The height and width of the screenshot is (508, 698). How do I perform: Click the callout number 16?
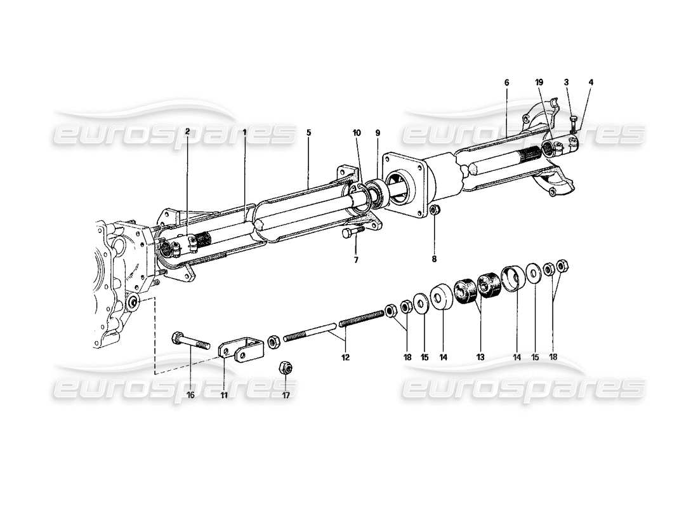pos(190,395)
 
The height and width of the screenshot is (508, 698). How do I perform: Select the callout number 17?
pos(286,395)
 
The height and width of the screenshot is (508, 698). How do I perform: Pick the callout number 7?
pos(356,259)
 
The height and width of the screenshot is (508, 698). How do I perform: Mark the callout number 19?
pos(539,83)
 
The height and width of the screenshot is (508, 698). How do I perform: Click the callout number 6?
pos(506,83)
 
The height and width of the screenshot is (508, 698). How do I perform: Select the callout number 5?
pos(308,133)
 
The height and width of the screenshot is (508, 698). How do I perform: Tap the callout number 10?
pos(357,133)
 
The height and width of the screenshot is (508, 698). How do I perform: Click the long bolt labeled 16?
pos(190,340)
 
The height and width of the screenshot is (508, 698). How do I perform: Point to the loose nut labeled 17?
pos(286,368)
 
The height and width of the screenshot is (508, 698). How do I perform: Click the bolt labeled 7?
pos(350,233)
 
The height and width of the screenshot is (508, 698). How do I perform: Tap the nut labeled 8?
pos(433,210)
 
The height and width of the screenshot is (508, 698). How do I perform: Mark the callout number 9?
pos(378,133)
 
